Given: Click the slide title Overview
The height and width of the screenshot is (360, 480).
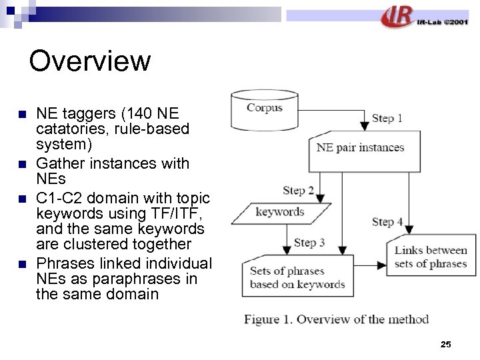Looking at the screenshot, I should click(90, 61).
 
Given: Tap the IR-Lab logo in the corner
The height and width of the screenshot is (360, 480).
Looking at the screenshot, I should click(424, 17).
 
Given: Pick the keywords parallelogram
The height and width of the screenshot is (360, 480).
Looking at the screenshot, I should click(280, 212).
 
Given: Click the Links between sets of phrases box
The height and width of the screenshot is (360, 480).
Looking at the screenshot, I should click(431, 257).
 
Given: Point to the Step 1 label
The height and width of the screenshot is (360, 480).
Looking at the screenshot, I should click(387, 118).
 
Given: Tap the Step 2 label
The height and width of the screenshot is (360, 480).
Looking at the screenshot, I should click(298, 191).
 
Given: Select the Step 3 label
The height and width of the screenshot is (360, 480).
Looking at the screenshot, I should click(309, 242).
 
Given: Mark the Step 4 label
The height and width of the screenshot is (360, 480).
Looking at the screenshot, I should click(387, 221).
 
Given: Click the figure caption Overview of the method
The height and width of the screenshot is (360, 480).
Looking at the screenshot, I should click(336, 319).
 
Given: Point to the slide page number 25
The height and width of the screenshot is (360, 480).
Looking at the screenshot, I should click(446, 344).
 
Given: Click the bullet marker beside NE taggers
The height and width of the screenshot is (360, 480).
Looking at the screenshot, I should click(23, 113).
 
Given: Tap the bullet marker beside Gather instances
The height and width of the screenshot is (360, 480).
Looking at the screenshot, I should click(23, 163).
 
